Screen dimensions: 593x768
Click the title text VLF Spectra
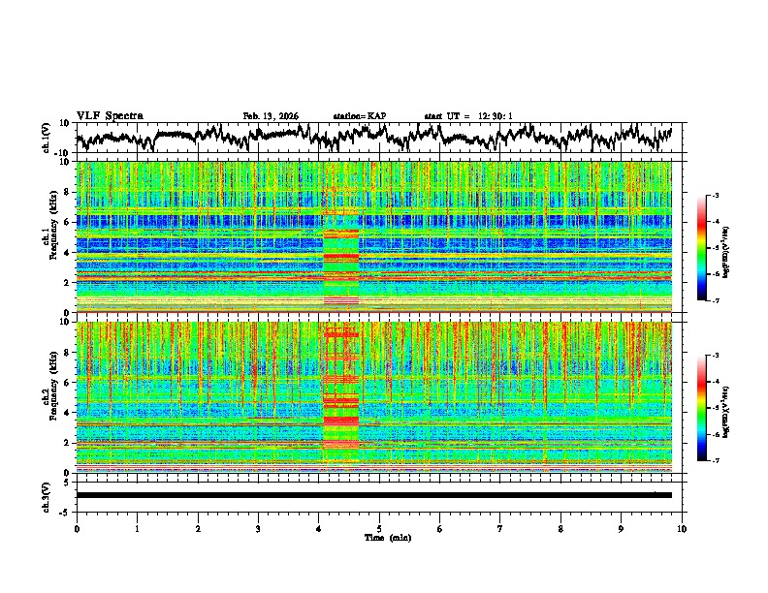tap(110, 115)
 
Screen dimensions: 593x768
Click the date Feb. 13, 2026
tap(271, 116)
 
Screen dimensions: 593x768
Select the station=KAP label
tap(359, 116)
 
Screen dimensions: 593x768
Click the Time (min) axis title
tap(379, 537)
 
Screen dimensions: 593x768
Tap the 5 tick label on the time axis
tap(379, 528)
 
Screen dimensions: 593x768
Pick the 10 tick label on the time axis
tap(682, 528)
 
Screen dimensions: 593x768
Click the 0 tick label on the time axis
tap(77, 528)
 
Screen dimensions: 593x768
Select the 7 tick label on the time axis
tap(500, 528)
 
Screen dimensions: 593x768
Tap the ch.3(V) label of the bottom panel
tap(48, 495)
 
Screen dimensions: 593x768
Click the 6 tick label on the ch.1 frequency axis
tap(68, 222)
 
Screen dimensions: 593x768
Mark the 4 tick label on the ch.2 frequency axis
tap(68, 413)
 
